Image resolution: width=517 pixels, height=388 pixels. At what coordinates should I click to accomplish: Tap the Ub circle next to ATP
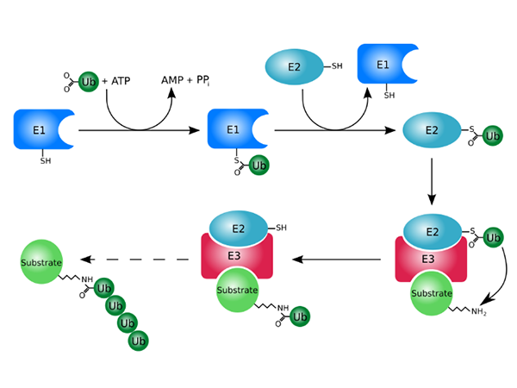(x=88, y=82)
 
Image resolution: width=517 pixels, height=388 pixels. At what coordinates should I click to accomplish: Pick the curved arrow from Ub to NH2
(x=503, y=276)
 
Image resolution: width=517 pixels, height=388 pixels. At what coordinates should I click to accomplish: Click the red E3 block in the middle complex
(x=237, y=255)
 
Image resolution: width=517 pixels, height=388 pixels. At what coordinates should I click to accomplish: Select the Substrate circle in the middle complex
(x=237, y=290)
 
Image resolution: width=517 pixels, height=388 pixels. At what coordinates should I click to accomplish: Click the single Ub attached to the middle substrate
(x=301, y=316)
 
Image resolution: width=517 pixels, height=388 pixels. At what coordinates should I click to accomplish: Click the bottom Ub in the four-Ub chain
(x=138, y=341)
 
